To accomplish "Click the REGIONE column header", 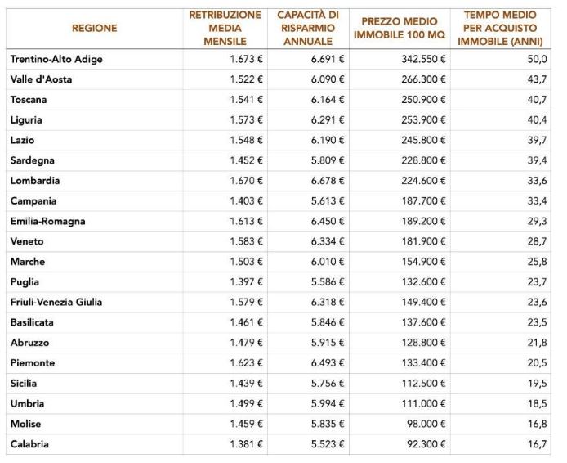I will [x=94, y=28].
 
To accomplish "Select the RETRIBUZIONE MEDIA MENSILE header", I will [x=225, y=28].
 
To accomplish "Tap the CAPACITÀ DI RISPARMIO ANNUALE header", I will [x=308, y=28].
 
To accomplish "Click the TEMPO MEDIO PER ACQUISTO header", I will [x=499, y=28].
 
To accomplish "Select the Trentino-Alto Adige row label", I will [x=56, y=60].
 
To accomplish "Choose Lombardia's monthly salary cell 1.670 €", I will [x=246, y=181].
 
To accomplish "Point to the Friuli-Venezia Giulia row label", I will [x=56, y=303].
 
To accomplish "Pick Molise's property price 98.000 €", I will [x=422, y=425].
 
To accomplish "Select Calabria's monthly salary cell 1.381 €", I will [x=246, y=444].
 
